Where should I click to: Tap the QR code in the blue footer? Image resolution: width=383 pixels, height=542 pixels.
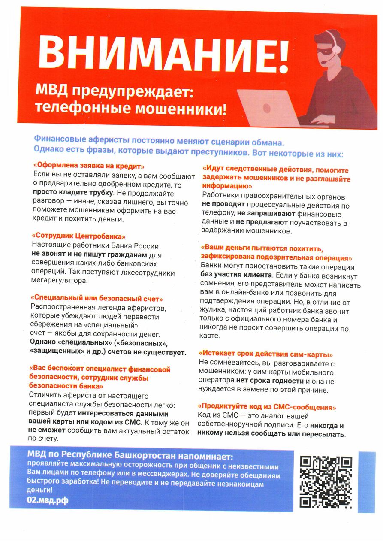[x=326, y=482]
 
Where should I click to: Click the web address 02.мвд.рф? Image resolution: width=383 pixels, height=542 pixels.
[x=48, y=500]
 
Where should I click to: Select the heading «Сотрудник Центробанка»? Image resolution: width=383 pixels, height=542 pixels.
[x=79, y=236]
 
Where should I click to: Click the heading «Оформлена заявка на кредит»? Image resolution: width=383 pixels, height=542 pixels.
[x=89, y=166]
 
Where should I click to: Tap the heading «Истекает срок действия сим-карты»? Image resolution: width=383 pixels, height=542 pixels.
[x=266, y=354]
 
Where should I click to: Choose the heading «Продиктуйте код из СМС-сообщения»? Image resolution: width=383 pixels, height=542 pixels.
[x=267, y=406]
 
